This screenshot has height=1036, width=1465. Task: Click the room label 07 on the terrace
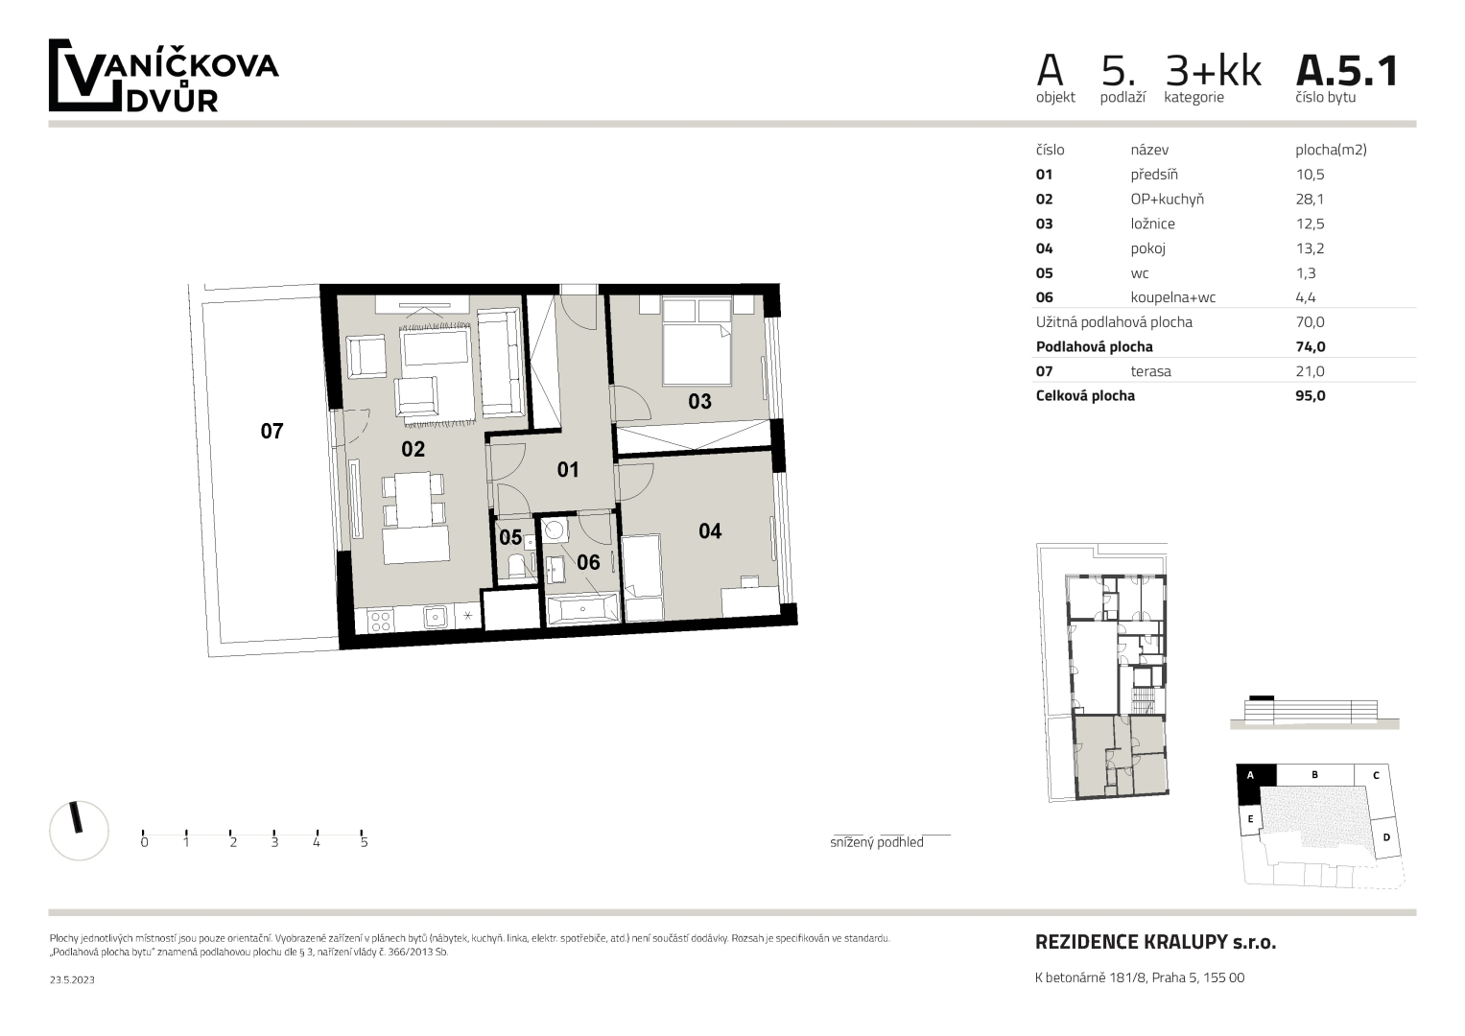point(272,431)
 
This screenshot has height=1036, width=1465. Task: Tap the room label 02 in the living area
point(413,449)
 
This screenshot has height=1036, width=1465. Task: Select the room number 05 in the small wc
point(510,537)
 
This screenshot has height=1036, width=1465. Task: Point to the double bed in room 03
point(697,341)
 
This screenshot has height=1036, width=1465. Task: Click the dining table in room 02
point(413,501)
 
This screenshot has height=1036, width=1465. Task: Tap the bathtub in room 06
point(582,608)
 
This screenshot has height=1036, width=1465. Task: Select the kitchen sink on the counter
point(435,616)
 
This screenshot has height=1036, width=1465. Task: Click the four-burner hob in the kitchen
point(380,620)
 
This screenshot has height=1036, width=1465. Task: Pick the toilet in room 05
point(516,567)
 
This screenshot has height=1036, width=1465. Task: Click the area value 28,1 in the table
point(1310,199)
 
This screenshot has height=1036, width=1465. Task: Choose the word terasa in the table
point(1150,371)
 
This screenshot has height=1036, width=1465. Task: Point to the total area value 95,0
point(1310,395)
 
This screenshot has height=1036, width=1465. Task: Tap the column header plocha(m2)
point(1331,150)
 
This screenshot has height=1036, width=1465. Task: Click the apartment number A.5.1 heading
point(1346,71)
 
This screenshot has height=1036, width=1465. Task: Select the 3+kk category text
point(1214,71)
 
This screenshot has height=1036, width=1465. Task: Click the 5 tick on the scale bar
point(363,834)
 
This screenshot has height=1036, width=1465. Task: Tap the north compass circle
point(79,830)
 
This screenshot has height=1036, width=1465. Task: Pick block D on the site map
point(1386,837)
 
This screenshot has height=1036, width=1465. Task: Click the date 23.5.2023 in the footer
point(72,979)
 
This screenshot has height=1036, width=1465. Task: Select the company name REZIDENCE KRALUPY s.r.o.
point(1155,942)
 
